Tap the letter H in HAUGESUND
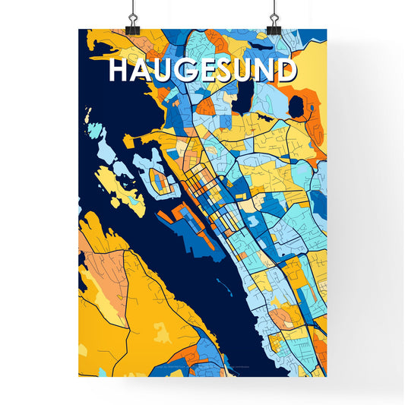(120, 71)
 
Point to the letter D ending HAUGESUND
(283, 71)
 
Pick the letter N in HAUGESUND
(264, 71)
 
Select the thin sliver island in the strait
(223, 286)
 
